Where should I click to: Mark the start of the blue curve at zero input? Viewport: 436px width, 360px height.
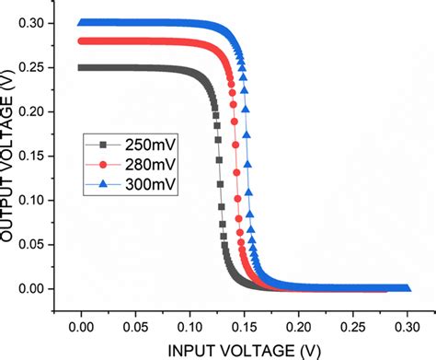82,23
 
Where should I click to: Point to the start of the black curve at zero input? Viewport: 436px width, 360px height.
82,67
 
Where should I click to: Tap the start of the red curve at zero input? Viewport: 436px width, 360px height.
82,41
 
